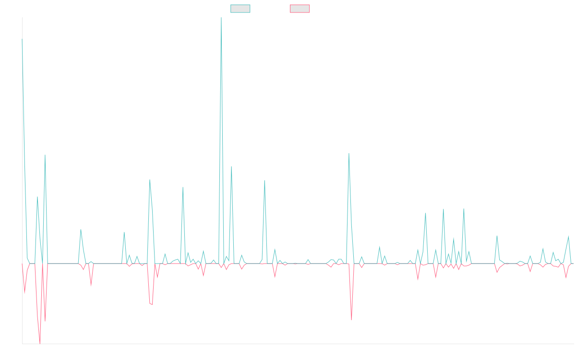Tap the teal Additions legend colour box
tap(240, 9)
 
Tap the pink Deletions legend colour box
tap(300, 9)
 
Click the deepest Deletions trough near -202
tap(40, 343)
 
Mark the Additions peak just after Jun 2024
tap(349, 154)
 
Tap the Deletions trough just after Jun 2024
tap(351, 319)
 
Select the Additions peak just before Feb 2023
tap(150, 180)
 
